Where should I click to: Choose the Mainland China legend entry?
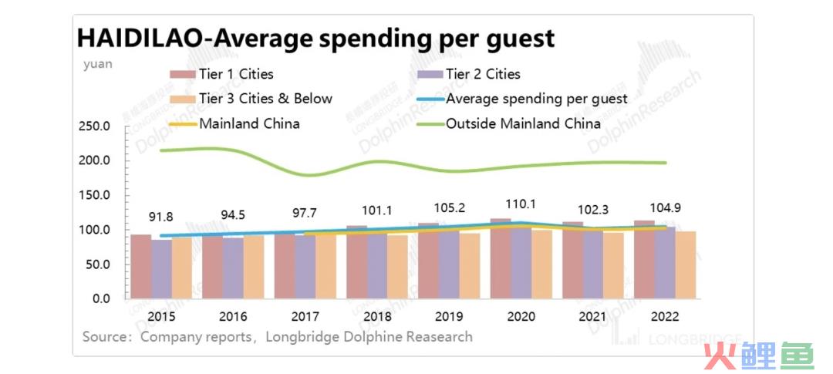click(234, 123)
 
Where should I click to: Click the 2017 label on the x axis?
click(305, 317)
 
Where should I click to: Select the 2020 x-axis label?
click(521, 317)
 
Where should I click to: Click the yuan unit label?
click(97, 64)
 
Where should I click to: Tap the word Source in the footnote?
click(103, 337)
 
